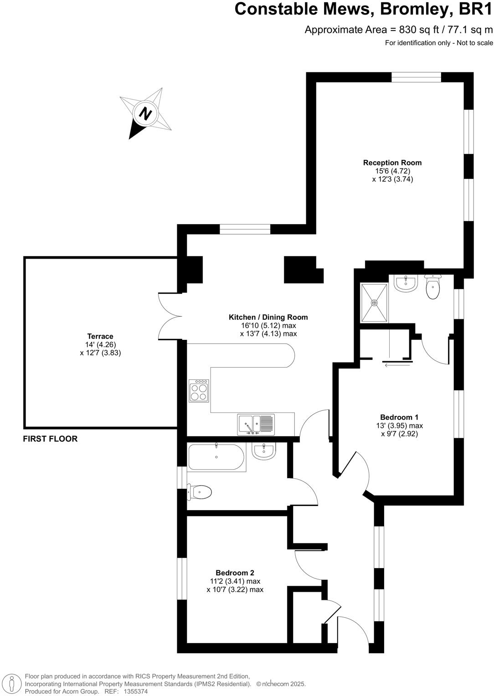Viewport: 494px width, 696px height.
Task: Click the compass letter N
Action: click(145, 113)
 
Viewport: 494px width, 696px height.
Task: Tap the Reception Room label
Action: click(392, 163)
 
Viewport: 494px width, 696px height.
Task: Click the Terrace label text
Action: click(100, 336)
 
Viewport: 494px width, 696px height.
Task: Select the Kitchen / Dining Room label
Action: click(268, 317)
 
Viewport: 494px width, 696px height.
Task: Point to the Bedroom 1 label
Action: click(399, 417)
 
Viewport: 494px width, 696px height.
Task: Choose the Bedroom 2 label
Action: click(235, 573)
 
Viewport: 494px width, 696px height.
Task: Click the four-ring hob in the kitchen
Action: click(199, 391)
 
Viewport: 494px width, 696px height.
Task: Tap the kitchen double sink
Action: click(255, 424)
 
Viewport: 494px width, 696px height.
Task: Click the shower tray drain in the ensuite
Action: click(374, 302)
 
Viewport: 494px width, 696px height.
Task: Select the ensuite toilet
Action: click(432, 287)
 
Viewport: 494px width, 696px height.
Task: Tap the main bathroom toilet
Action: click(200, 492)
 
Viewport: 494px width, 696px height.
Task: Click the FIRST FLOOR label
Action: click(50, 439)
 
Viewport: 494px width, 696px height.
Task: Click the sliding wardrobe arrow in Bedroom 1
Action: click(397, 364)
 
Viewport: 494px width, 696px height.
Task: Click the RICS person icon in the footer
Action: click(13, 684)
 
